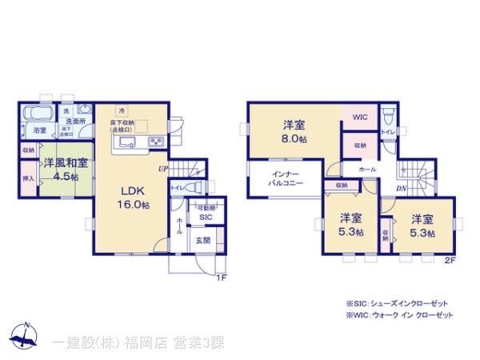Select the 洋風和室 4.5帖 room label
click(x=66, y=169)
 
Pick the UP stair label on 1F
click(x=163, y=170)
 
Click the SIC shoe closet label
click(x=206, y=217)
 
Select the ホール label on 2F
click(x=367, y=170)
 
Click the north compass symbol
click(x=25, y=334)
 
